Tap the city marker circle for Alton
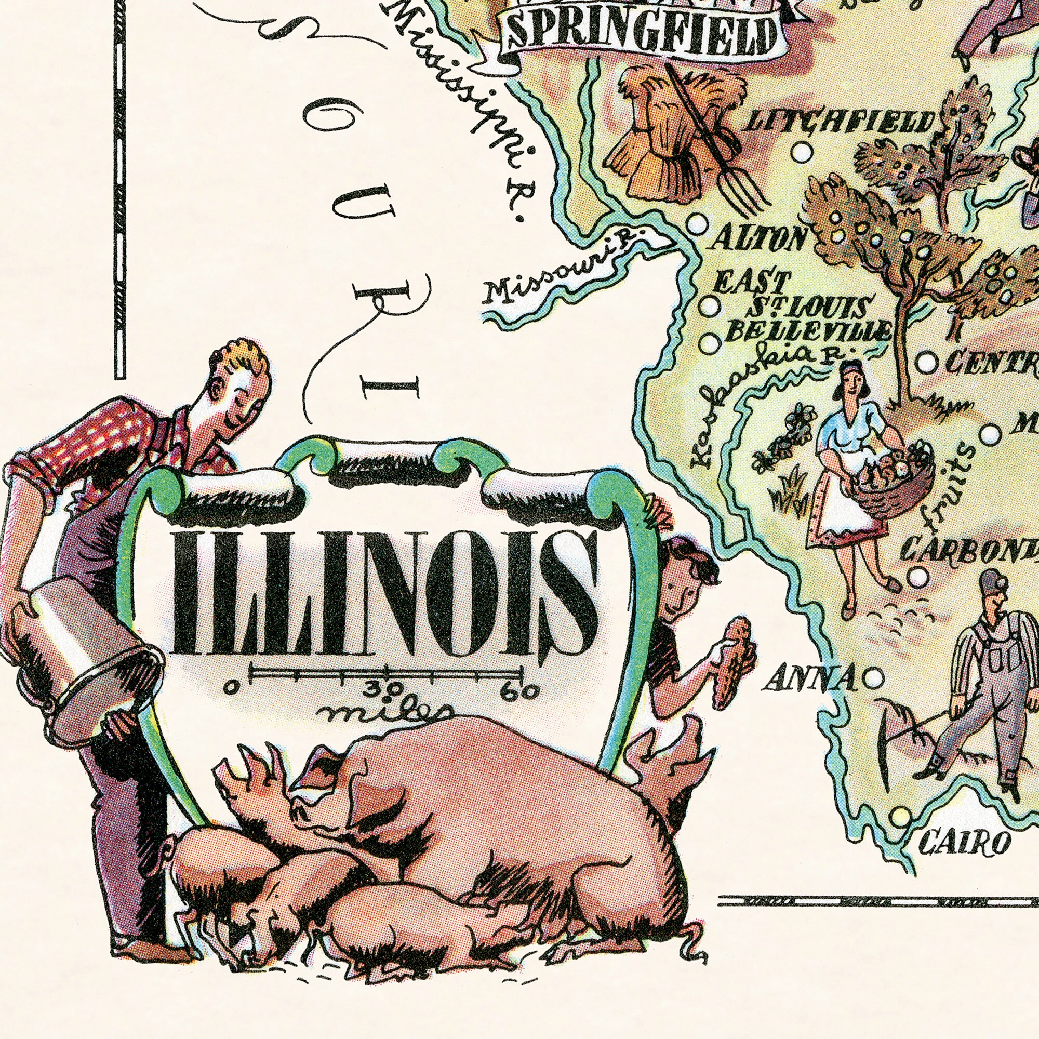click(698, 223)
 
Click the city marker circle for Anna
click(874, 677)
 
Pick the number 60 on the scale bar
click(519, 691)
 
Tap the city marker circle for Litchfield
click(801, 152)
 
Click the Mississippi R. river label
click(462, 108)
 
